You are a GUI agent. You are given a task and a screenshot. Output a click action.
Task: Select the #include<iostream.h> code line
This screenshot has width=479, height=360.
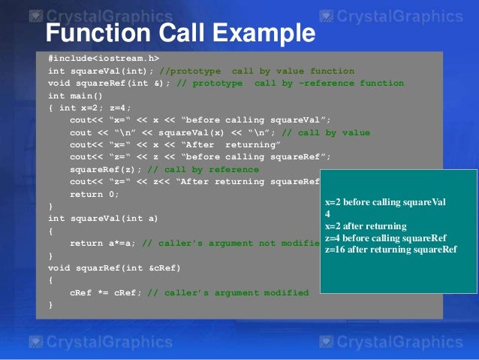(x=104, y=58)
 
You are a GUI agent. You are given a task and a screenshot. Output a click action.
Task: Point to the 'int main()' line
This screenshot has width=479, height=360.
(x=75, y=95)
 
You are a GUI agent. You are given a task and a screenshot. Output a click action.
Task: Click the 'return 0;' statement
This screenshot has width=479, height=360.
(x=94, y=194)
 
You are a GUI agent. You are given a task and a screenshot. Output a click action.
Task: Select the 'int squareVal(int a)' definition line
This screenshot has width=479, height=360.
(x=103, y=218)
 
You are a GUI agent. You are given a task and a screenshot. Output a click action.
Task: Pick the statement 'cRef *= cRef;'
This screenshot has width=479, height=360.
(x=104, y=292)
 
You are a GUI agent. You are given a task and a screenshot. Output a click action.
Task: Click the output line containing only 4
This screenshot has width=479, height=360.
(x=327, y=214)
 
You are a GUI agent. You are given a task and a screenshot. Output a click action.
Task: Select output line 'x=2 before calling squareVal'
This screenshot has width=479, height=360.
(x=385, y=202)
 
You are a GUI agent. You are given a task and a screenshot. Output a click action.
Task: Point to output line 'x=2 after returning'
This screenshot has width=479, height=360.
(x=366, y=226)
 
